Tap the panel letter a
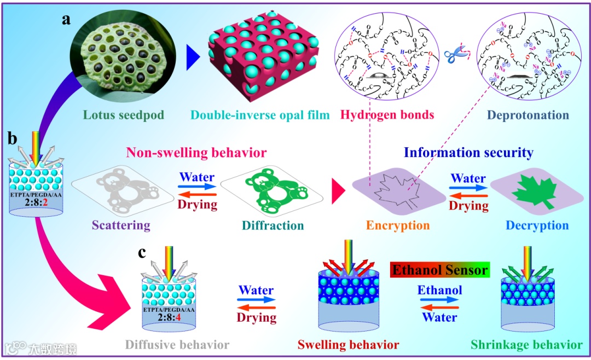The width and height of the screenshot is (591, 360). [66, 20]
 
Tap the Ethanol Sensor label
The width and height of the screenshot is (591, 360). [439, 270]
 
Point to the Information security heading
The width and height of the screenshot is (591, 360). [468, 152]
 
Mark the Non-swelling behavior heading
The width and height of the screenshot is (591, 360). [196, 152]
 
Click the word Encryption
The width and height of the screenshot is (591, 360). [398, 225]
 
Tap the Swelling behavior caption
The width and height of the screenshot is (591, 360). [348, 345]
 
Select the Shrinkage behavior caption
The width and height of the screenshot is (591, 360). [526, 345]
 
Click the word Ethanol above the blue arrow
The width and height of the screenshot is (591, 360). [439, 289]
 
